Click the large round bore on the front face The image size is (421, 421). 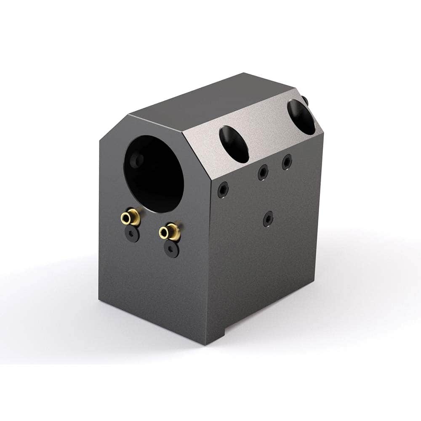click(155, 173)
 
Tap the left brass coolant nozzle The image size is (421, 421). click(131, 217)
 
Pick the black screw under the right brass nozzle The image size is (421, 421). click(171, 249)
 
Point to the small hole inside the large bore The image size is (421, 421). click(136, 160)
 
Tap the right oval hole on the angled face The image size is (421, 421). click(301, 117)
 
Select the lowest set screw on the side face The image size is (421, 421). click(268, 219)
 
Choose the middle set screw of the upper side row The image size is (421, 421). click(263, 172)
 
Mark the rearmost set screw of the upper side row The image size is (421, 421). click(287, 162)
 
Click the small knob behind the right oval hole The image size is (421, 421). click(305, 101)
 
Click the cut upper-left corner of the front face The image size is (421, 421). click(113, 128)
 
